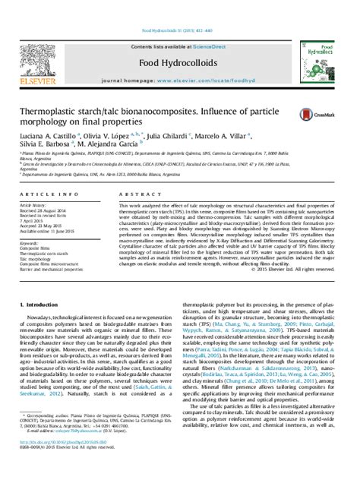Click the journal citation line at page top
[x=179, y=11]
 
